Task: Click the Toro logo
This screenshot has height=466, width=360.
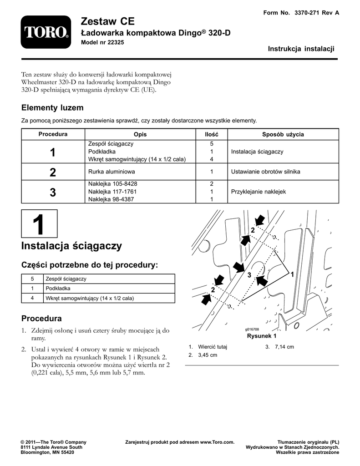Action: point(46,32)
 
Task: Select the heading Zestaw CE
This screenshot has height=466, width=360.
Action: point(107,21)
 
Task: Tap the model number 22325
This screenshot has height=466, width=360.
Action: point(116,42)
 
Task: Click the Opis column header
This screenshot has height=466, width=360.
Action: point(140,134)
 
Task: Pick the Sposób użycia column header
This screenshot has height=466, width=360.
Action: point(283,134)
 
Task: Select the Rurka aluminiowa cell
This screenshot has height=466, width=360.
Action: point(112,172)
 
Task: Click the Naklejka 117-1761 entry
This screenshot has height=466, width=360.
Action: point(112,192)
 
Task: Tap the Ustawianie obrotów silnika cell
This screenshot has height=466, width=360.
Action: point(266,172)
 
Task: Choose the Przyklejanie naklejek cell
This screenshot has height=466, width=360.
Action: point(259,192)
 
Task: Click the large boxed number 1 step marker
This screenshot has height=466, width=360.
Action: point(39,224)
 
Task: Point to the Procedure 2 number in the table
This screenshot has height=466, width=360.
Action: point(53,172)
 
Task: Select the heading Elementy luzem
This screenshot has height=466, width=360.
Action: point(52,107)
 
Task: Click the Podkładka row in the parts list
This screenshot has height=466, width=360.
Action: point(98,288)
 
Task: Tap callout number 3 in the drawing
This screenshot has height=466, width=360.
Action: point(249,275)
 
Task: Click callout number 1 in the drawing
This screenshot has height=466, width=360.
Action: point(292,274)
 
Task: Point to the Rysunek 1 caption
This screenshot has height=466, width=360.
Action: point(262,336)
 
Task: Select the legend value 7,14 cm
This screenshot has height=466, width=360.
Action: point(284,347)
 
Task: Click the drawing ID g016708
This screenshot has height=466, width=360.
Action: point(252,329)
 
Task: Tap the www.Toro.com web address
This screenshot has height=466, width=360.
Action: point(217,442)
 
